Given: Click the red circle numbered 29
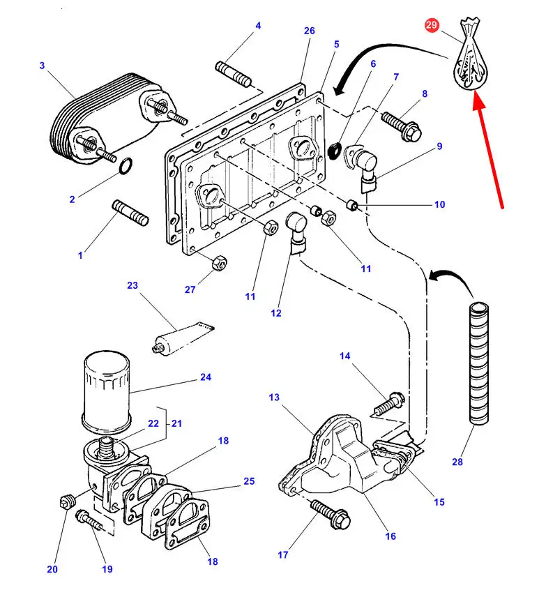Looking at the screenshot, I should (432, 26).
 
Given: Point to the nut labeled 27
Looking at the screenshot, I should (218, 262).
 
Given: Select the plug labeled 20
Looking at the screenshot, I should (68, 500).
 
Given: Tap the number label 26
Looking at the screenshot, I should (310, 31).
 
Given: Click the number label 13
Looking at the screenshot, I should (274, 398).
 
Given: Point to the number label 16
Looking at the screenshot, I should (390, 536).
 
